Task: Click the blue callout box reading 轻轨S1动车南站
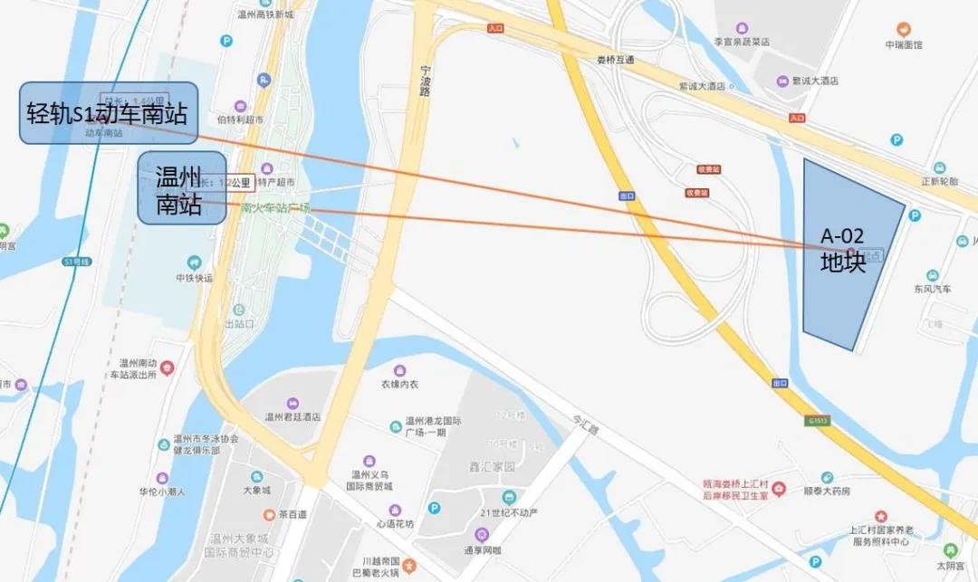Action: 109,113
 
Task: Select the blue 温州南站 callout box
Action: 181,188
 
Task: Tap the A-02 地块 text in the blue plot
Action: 842,250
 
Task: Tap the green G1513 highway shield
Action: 816,420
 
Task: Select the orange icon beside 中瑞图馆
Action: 903,29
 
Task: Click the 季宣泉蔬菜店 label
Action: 742,42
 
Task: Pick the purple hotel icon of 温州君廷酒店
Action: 292,403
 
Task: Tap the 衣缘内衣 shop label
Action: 399,384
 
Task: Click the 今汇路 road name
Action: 587,425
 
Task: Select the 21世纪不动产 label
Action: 509,513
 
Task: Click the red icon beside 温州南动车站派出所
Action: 168,367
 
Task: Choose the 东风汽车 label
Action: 933,290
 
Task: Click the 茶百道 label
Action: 292,514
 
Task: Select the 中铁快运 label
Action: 194,278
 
